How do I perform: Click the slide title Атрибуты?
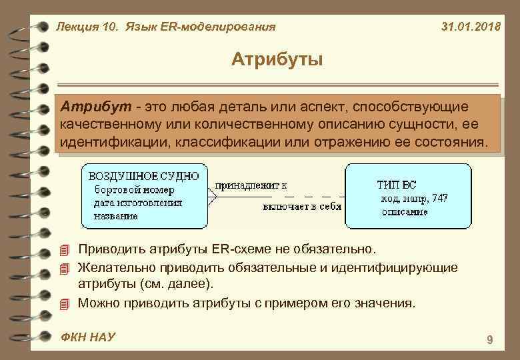(x=277, y=60)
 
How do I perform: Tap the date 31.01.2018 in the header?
(x=472, y=27)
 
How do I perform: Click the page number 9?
(x=490, y=341)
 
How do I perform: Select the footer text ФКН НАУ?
(x=87, y=337)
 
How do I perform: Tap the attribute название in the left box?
(x=116, y=216)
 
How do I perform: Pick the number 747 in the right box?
(x=439, y=198)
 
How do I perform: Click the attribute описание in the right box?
(x=405, y=212)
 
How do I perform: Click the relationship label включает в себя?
(x=301, y=207)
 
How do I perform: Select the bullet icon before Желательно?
(x=64, y=269)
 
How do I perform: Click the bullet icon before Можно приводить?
(x=64, y=304)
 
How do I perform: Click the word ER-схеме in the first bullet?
(x=237, y=250)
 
